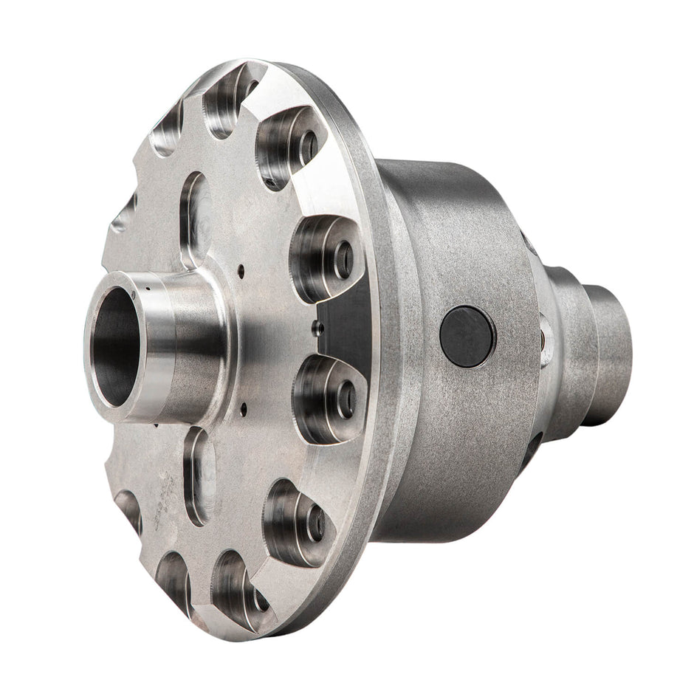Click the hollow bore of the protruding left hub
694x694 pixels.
pos(117,347)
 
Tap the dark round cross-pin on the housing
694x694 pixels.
pos(467,336)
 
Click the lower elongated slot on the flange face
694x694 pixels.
pos(198,476)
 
